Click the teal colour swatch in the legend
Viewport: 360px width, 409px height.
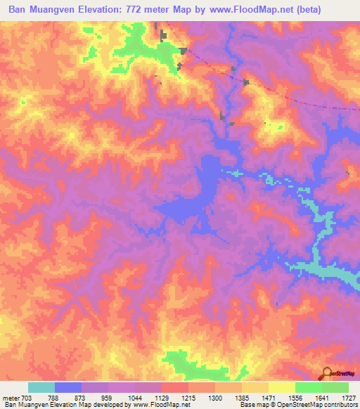click(x=41, y=387)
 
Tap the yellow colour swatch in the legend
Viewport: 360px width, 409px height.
click(x=282, y=387)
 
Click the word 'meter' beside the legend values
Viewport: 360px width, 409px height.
click(x=11, y=397)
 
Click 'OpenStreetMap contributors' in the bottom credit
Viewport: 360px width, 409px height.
click(x=322, y=405)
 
